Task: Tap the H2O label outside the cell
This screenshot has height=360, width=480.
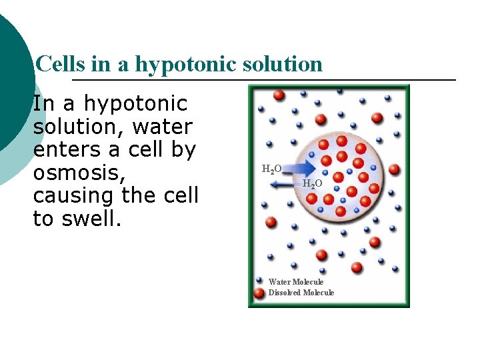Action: [271, 169]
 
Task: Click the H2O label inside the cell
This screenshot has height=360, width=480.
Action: [313, 183]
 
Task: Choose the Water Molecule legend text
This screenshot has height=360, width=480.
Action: [296, 282]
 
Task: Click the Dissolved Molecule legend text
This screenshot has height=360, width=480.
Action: [301, 293]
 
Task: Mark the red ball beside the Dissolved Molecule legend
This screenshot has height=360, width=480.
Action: [259, 293]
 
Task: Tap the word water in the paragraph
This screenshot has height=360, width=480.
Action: [163, 127]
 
